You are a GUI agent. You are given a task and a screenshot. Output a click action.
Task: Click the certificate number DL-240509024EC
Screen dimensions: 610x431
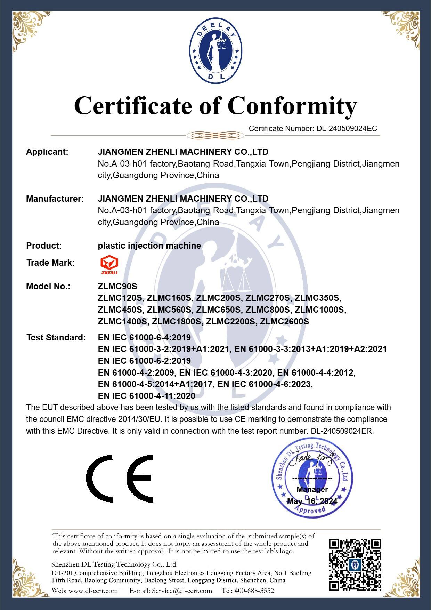coord(347,128)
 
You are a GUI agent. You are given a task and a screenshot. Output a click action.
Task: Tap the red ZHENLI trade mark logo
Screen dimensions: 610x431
coord(109,265)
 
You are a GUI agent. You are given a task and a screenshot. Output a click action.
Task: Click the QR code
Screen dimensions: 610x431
coord(355,565)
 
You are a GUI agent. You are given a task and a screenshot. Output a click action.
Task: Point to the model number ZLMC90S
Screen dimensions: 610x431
coord(117,286)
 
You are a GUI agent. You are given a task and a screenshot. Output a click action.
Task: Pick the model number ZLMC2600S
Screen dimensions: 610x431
coord(284,321)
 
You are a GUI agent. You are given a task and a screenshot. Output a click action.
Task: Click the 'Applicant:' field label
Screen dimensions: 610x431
coord(47,152)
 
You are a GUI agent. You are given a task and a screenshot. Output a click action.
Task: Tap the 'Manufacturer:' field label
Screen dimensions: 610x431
coord(55,199)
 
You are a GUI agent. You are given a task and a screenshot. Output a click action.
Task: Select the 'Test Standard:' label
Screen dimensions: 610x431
coord(56,337)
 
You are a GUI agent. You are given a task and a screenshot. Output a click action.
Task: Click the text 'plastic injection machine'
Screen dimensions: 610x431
coord(149,246)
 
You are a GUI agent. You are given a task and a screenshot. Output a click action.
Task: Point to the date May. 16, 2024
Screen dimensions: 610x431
coord(312,501)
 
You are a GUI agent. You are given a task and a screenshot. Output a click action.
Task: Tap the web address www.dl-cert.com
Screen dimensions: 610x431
coord(93,590)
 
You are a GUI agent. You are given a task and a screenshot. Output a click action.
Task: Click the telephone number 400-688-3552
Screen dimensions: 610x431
coord(254,590)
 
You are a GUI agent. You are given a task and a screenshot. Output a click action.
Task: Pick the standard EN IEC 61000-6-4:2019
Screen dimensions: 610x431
coord(144,337)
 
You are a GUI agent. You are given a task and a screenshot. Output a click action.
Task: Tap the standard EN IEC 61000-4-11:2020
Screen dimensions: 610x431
coord(147,396)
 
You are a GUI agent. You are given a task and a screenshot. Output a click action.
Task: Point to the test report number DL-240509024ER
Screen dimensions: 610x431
coord(342,431)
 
